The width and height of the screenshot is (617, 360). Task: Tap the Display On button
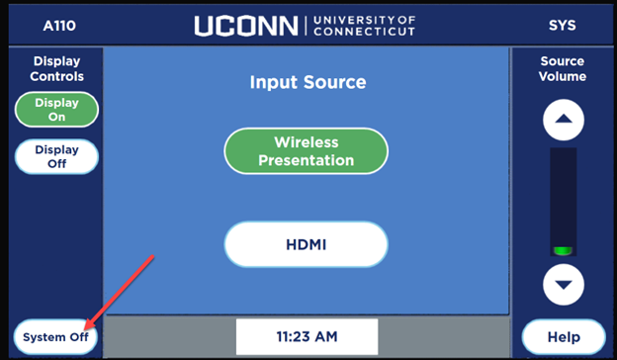[56, 110]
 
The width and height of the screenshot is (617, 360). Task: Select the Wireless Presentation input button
[306, 151]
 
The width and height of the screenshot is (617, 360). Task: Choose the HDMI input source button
[306, 243]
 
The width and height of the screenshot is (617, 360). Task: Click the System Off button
[56, 337]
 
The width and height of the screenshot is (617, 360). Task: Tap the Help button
[563, 337]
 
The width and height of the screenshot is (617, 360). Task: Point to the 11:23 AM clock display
[307, 337]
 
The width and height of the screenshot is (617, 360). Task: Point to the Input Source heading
[307, 82]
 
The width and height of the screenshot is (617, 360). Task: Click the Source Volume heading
[563, 68]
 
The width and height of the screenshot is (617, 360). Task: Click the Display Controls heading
[56, 68]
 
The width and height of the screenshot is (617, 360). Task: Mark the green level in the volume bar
[563, 250]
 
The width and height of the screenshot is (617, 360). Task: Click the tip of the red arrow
[85, 327]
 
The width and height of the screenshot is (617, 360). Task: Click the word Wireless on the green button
[307, 142]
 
